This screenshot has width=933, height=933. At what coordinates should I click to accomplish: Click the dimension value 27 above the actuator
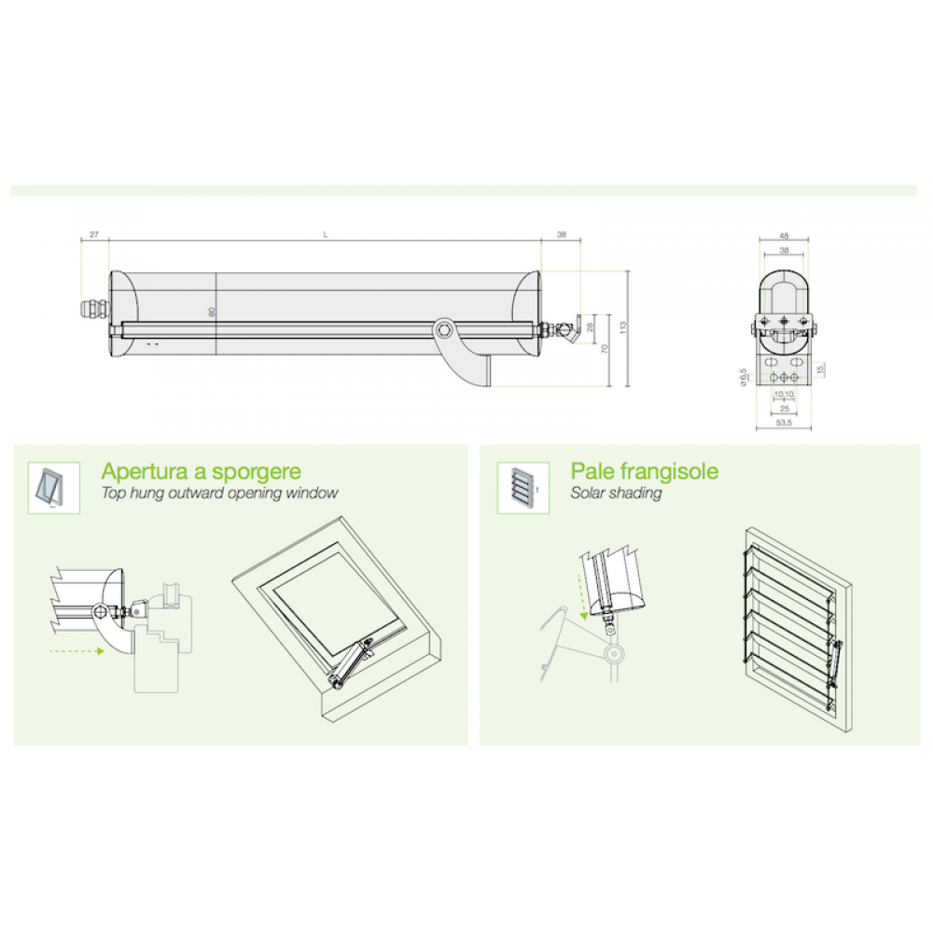[94, 235]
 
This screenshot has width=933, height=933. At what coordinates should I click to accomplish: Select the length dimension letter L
[325, 235]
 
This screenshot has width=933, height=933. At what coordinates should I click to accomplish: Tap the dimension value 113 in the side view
[621, 327]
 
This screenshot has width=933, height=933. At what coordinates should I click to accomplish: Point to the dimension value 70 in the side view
[606, 349]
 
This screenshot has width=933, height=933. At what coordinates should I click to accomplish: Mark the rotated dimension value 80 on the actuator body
[212, 313]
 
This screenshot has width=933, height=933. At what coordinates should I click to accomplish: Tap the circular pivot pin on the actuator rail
[445, 328]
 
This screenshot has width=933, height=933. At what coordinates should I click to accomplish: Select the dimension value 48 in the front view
[784, 236]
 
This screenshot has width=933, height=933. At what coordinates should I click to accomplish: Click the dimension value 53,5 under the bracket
[784, 423]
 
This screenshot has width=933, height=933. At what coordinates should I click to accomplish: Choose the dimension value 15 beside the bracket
[819, 369]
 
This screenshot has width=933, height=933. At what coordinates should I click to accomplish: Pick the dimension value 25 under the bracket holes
[784, 408]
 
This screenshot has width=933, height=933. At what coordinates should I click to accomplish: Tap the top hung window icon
[46, 486]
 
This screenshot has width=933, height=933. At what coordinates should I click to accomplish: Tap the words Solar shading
[616, 494]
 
